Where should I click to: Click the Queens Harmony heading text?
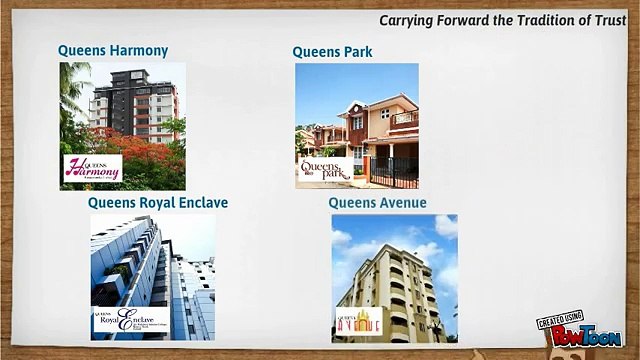[113, 51]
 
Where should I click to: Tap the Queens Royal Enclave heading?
[158, 203]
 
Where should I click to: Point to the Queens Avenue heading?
[378, 203]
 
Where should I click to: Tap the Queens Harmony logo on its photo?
[92, 168]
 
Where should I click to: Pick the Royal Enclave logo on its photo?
[124, 320]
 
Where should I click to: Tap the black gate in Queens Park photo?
[394, 171]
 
